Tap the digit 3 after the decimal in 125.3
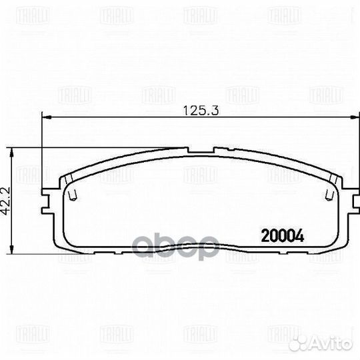pos(217,111)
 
